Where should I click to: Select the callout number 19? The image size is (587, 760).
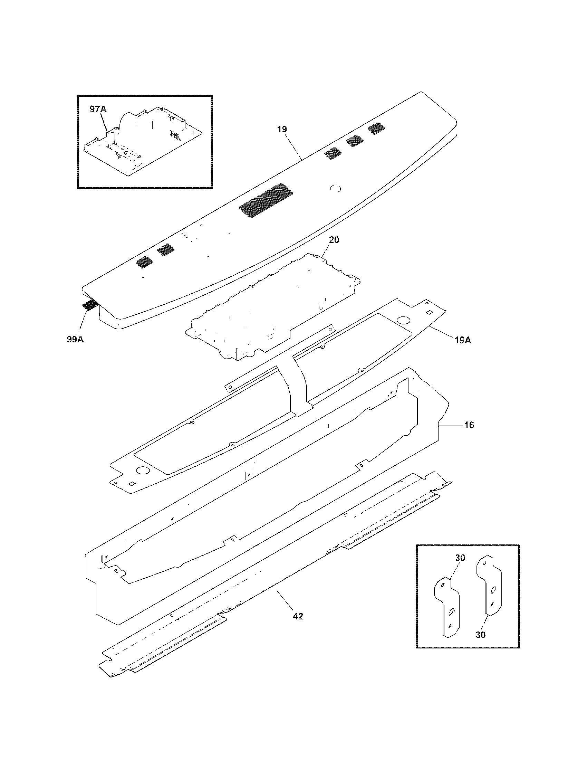[x=282, y=130]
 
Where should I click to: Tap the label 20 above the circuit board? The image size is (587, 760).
[x=334, y=240]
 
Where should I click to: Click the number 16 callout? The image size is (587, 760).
[x=469, y=425]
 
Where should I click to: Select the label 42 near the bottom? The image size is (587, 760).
[x=298, y=616]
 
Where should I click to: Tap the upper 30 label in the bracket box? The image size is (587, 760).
[x=460, y=558]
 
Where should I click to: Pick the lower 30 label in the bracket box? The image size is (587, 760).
[x=480, y=635]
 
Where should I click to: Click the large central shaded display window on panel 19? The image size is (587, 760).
[x=265, y=201]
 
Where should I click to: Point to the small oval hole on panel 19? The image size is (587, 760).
[x=335, y=189]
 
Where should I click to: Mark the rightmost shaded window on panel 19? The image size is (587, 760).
[x=376, y=129]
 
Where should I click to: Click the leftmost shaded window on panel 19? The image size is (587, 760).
[x=144, y=262]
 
